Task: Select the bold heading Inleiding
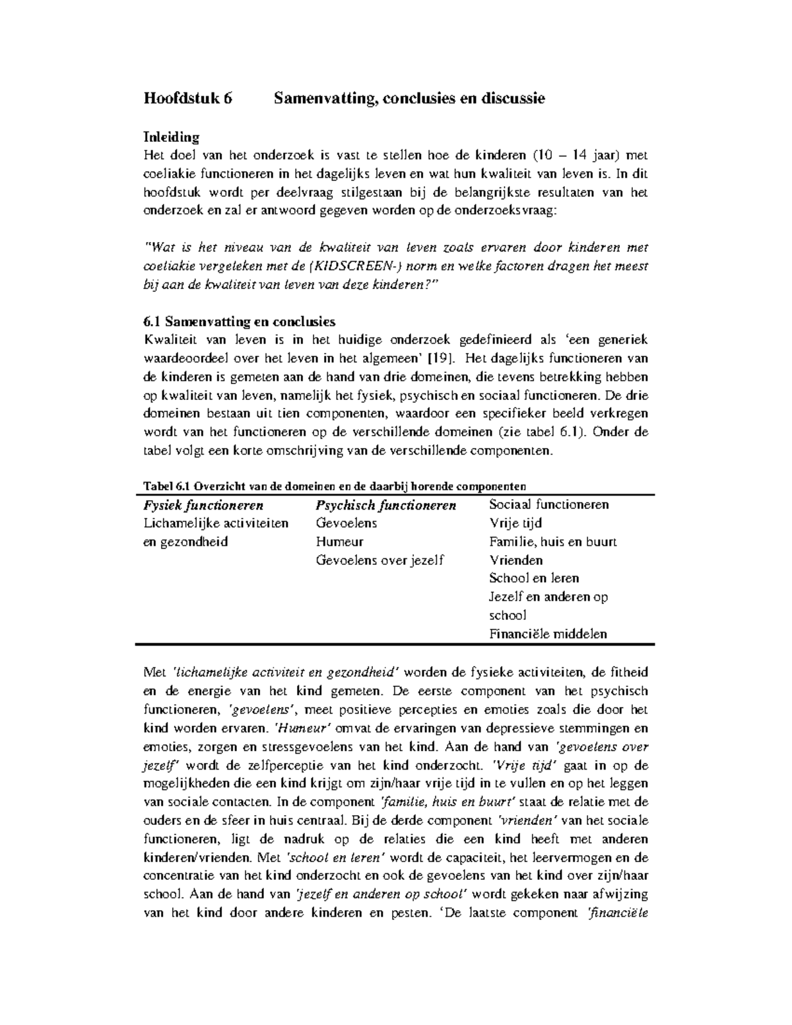coord(171,137)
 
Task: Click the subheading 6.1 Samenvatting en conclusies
coord(239,321)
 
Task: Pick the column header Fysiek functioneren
coord(203,506)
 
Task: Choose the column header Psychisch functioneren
coord(386,506)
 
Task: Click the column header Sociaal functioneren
coord(548,505)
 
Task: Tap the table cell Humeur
coord(340,542)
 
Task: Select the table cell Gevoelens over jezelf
coord(380,560)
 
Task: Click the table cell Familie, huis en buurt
coord(552,542)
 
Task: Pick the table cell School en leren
coord(534,578)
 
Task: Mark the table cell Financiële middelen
coord(548,634)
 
